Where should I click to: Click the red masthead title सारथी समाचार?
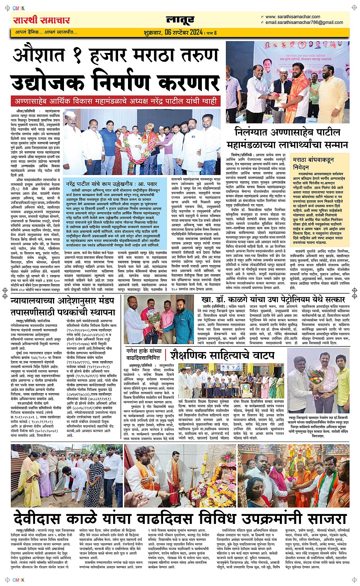tap(42, 20)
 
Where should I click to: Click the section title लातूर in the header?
tap(180, 19)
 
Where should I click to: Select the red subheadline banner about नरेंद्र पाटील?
tap(115, 101)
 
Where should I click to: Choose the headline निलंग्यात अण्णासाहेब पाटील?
tap(288, 133)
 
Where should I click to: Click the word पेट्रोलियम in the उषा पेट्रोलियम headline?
tap(294, 299)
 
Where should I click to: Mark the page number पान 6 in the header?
tap(211, 33)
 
